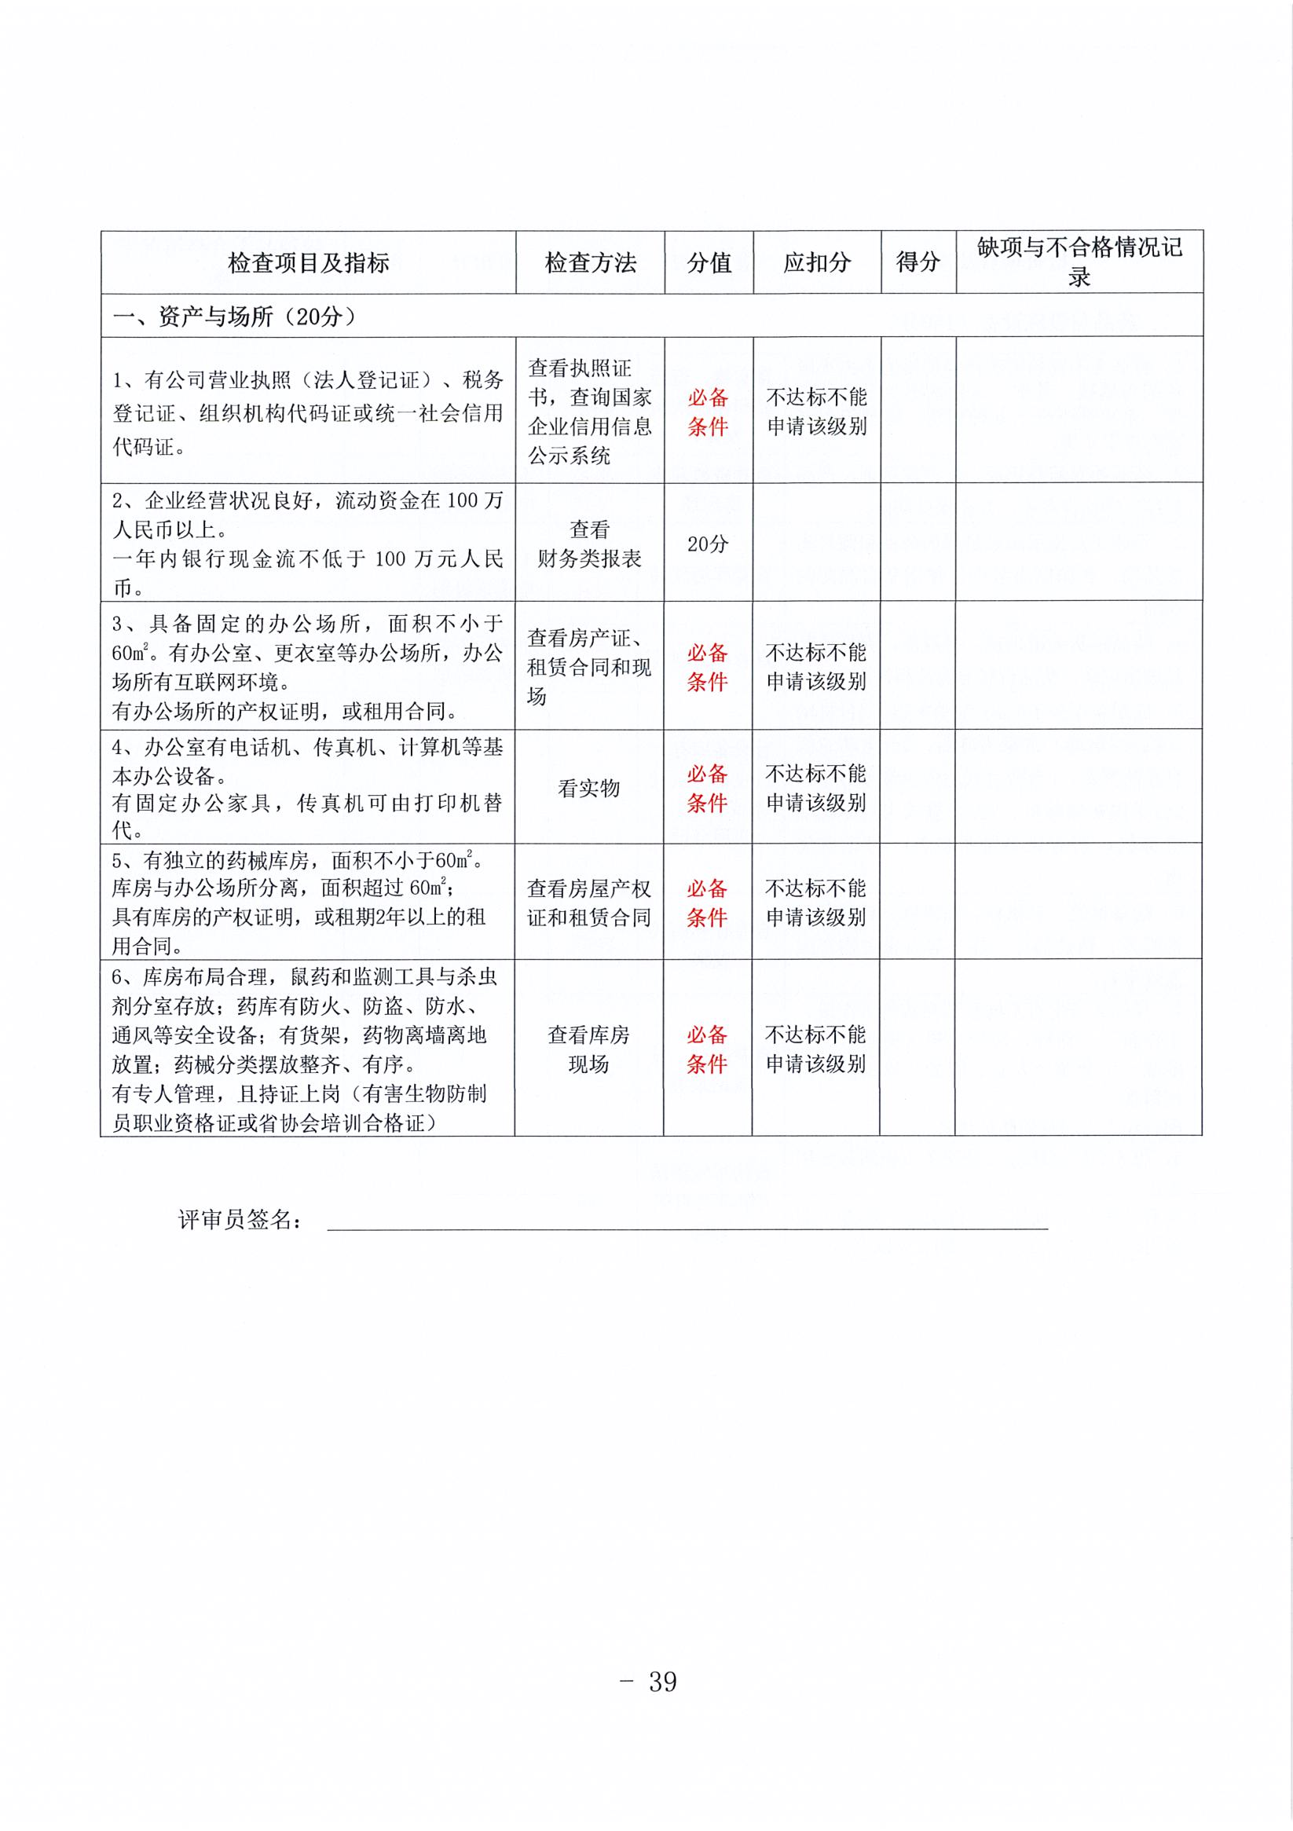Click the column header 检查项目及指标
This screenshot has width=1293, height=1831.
pyautogui.click(x=308, y=262)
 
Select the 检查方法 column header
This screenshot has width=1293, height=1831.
pyautogui.click(x=589, y=262)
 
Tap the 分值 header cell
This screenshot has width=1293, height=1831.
pyautogui.click(x=709, y=262)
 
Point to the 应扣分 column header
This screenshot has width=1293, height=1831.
pyautogui.click(x=816, y=262)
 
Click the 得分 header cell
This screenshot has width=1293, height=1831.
pyautogui.click(x=918, y=262)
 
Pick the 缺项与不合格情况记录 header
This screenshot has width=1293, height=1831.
pyautogui.click(x=1079, y=262)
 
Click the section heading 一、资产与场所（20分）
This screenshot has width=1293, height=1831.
pyautogui.click(x=234, y=317)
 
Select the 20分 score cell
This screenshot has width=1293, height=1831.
pyautogui.click(x=708, y=544)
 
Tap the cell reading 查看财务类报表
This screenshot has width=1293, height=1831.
pyautogui.click(x=588, y=544)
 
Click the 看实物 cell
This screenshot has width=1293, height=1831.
pyautogui.click(x=588, y=788)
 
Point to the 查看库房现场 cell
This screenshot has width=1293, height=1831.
pyautogui.click(x=588, y=1049)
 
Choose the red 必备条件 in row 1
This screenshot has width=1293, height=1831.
pyautogui.click(x=708, y=412)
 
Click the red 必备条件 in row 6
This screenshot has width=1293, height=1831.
pyautogui.click(x=707, y=1049)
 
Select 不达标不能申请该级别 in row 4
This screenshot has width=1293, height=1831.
pyautogui.click(x=816, y=788)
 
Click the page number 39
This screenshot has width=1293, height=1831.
pyautogui.click(x=662, y=1681)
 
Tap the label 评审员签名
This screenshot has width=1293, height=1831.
pyautogui.click(x=240, y=1219)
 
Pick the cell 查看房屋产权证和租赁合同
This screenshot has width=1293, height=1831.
pyautogui.click(x=588, y=903)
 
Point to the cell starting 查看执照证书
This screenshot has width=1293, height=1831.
pyautogui.click(x=588, y=412)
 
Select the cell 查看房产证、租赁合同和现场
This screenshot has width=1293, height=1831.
pyautogui.click(x=588, y=667)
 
